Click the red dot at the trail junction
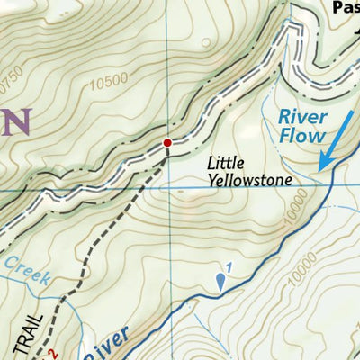167,142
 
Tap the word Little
226,164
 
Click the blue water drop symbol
220,283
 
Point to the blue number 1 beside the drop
229,265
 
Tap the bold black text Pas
345,7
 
